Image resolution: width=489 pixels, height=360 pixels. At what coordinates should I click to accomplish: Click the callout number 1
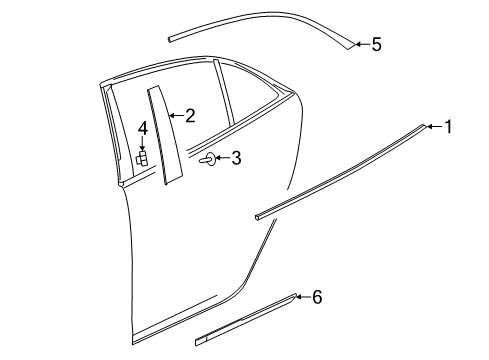(x=449, y=126)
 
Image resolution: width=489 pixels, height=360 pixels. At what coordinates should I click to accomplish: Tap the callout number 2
(x=189, y=116)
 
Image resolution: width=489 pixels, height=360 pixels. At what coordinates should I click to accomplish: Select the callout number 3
(x=237, y=157)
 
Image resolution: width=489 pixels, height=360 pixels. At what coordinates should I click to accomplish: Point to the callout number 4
(x=143, y=128)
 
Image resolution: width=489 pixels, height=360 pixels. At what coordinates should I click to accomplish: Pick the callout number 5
(x=376, y=44)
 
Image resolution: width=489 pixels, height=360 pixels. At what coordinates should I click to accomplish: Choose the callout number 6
(x=317, y=297)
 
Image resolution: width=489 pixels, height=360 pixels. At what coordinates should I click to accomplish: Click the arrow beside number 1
(x=434, y=126)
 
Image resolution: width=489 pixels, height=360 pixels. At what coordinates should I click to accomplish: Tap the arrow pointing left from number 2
(x=175, y=116)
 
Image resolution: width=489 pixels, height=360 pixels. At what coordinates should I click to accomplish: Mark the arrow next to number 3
(x=223, y=158)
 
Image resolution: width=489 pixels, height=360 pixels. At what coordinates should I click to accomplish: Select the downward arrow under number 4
(x=143, y=145)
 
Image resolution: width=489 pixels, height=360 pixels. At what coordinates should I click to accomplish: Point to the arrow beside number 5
(x=361, y=44)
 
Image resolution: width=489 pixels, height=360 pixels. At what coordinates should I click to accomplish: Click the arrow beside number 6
(x=303, y=297)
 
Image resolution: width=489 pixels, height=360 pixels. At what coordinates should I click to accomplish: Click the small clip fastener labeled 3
(x=207, y=159)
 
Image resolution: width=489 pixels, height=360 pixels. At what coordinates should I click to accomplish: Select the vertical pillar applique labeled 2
(x=163, y=135)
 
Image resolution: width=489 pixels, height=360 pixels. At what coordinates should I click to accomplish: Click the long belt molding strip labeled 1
(x=340, y=170)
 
